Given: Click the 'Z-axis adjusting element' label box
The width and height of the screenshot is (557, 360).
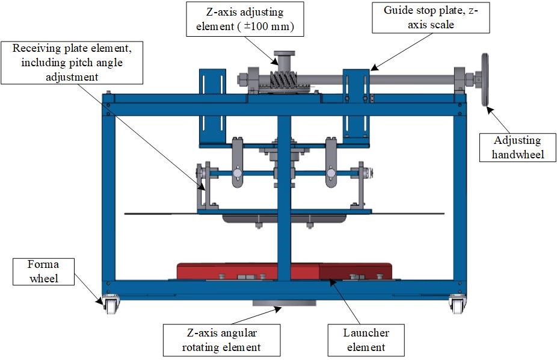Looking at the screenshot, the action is (x=245, y=19).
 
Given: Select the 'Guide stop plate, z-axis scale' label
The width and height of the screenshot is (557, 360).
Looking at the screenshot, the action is (x=431, y=17).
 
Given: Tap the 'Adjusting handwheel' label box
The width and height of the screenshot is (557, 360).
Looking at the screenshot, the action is (x=517, y=147).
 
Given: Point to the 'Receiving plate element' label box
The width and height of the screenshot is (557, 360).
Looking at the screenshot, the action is (x=72, y=63).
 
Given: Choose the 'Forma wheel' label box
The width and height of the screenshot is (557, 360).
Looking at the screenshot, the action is (x=44, y=272).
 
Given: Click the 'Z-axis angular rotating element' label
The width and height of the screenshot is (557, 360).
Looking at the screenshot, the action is (x=222, y=340).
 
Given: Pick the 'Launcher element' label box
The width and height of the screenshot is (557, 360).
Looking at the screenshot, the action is (x=366, y=340).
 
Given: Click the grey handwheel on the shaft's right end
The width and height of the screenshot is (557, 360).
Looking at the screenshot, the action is (x=485, y=79).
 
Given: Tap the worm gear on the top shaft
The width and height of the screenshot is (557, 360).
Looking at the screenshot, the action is (x=283, y=79).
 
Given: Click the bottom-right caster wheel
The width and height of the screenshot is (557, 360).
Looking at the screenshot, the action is (x=457, y=305).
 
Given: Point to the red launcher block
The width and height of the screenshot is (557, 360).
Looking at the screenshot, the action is (x=284, y=272).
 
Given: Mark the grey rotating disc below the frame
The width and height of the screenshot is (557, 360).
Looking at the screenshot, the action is (x=284, y=303).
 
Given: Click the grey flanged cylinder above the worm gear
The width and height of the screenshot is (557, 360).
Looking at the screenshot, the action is (x=284, y=60).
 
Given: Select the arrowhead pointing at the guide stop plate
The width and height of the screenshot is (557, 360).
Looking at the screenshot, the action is (x=374, y=67).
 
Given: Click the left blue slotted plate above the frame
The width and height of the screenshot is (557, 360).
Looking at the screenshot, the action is (x=212, y=107).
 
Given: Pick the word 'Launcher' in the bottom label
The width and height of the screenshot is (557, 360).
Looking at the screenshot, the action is (x=366, y=333).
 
